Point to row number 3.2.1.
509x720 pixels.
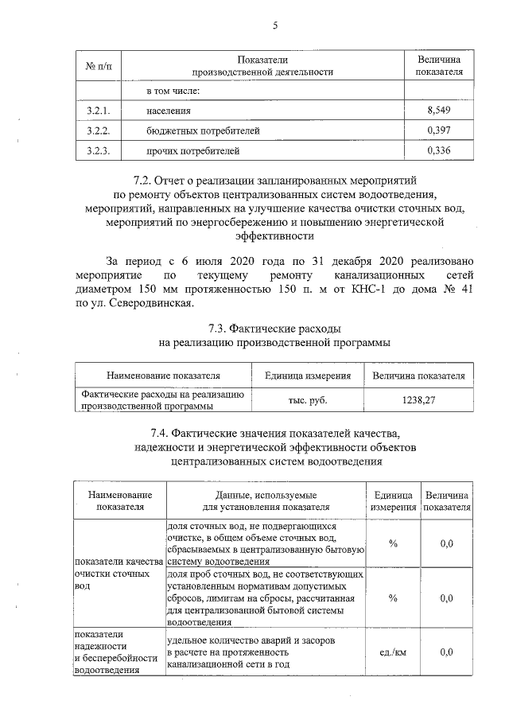click(x=98, y=109)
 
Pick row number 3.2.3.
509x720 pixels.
click(x=98, y=150)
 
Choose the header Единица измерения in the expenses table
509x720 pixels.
click(x=307, y=375)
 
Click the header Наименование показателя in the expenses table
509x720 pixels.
click(x=163, y=375)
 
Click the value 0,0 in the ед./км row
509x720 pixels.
click(x=446, y=652)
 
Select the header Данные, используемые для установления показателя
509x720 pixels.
click(x=266, y=500)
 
